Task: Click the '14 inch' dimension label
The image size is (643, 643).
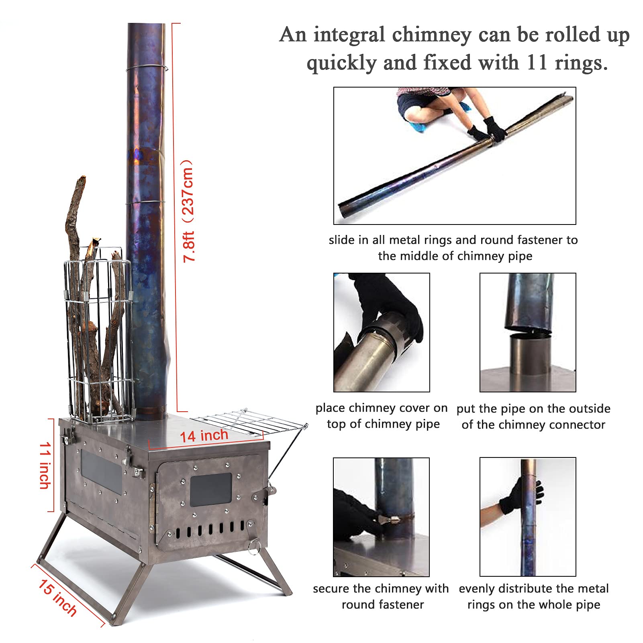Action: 204,436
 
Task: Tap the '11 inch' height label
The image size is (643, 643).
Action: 45,465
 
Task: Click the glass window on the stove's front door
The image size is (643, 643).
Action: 210,489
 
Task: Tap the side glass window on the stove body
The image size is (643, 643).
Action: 101,472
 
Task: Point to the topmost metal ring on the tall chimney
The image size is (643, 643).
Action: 146,68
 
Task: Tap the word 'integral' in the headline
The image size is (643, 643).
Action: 349,35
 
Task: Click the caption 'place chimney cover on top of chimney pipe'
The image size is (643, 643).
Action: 382,416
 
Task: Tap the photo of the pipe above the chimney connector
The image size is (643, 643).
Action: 527,332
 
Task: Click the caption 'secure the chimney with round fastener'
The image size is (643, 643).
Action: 381,596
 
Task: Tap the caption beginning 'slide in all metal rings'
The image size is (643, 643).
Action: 453,248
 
